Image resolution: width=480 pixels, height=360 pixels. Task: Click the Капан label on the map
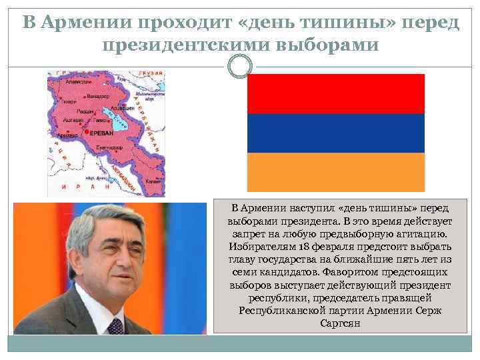(153, 180)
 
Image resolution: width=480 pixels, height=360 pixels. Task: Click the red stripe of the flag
(335, 94)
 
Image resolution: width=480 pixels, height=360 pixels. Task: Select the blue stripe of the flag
(335, 133)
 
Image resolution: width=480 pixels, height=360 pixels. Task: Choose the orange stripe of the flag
(335, 172)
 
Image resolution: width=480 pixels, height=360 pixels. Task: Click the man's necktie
(115, 325)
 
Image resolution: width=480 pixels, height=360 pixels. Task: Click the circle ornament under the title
(240, 67)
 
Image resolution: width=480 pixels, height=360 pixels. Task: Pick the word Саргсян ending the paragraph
(340, 323)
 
